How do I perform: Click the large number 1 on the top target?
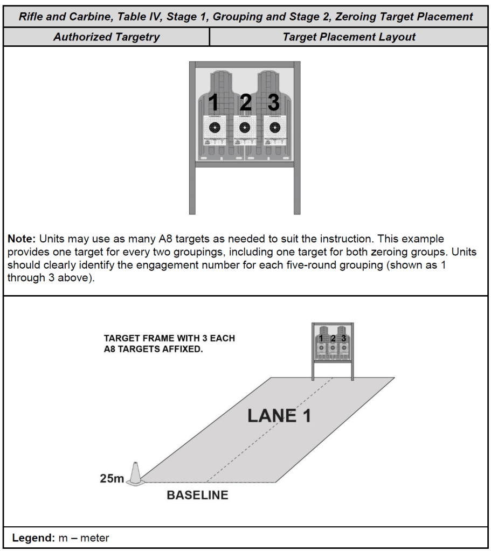(x=214, y=103)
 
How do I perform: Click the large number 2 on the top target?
(x=245, y=103)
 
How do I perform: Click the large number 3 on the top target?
(x=274, y=103)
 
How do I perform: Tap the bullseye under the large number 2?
(x=245, y=128)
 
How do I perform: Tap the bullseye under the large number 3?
(x=275, y=128)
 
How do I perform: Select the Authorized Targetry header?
(x=106, y=37)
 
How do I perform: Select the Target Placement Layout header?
(x=349, y=37)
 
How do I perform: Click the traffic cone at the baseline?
(x=135, y=475)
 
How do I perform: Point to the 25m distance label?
(x=112, y=478)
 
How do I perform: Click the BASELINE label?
(x=197, y=495)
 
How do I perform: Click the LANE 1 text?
(x=279, y=416)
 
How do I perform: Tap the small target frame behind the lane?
(x=332, y=345)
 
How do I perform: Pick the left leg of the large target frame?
(x=192, y=191)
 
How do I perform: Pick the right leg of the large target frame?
(x=297, y=191)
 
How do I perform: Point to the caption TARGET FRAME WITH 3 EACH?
(x=169, y=339)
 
